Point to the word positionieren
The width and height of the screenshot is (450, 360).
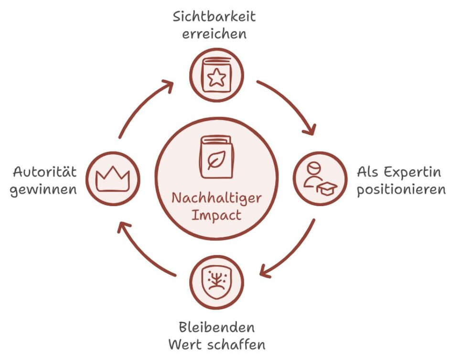tap(402, 189)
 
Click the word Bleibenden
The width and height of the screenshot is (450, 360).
tap(216, 328)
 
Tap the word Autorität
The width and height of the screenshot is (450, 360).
tap(45, 171)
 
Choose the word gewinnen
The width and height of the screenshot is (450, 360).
tap(43, 189)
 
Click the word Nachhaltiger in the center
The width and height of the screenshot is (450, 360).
tap(217, 197)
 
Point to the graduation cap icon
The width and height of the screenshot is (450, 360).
tap(327, 188)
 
